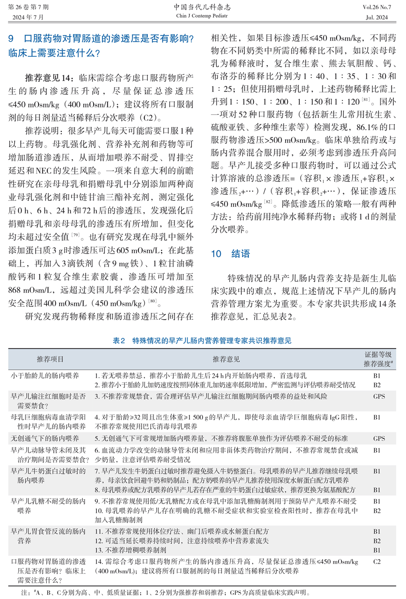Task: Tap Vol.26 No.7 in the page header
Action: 376,7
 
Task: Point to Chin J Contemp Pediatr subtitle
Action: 202,16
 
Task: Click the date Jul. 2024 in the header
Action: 376,17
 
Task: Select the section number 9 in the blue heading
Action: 11,39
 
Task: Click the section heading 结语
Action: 240,254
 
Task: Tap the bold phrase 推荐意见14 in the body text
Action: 49,78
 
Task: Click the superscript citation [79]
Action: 76,235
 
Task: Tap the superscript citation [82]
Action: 268,201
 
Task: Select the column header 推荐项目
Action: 50,359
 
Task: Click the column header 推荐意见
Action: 226,359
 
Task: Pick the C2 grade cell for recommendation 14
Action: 377,562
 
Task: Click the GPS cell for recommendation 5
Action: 379,438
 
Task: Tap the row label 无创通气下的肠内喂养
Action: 45,438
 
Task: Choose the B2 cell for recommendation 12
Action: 377,541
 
